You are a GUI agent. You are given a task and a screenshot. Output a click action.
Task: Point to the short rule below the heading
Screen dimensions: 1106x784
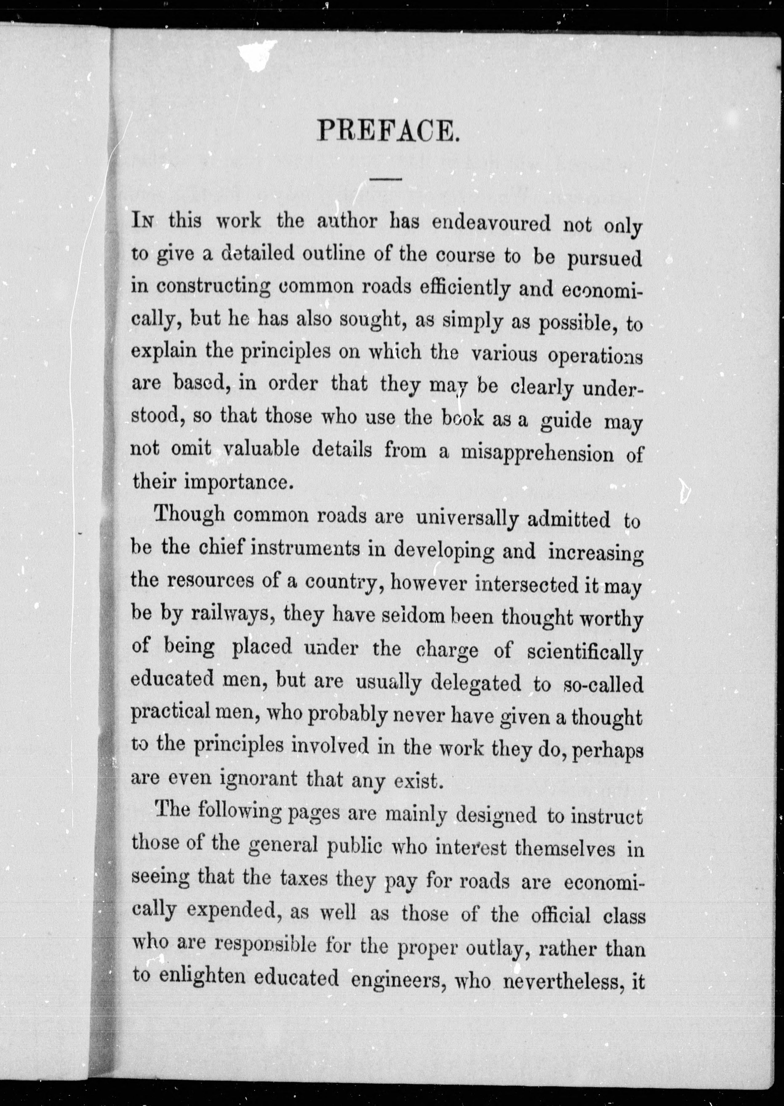coord(387,180)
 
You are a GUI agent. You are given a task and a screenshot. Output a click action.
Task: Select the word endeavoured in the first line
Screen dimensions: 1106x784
coord(491,224)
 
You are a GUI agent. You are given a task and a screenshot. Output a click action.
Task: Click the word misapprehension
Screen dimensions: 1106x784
coord(537,453)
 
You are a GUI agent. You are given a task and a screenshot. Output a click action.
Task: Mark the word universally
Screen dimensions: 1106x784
coord(467,520)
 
